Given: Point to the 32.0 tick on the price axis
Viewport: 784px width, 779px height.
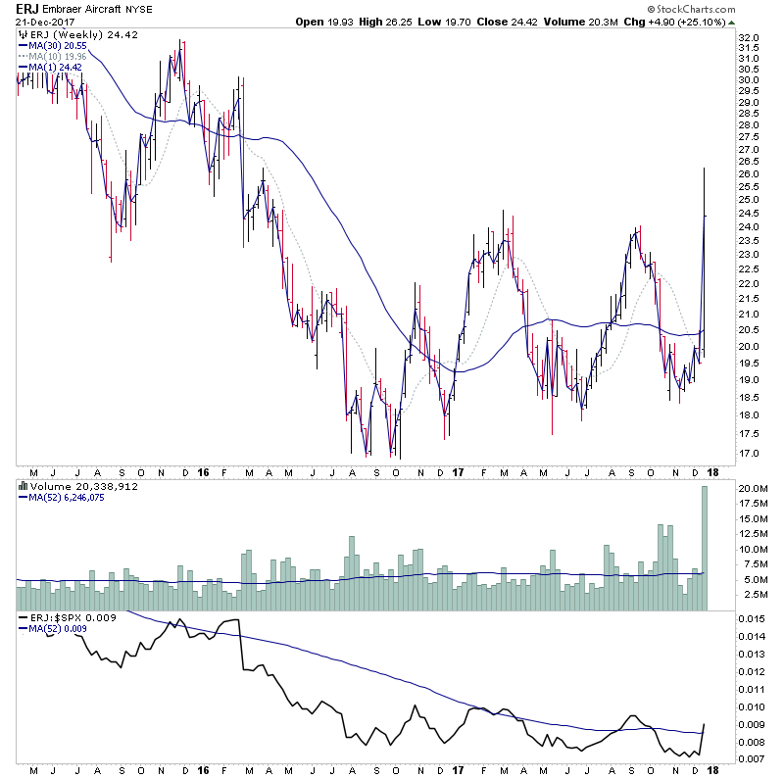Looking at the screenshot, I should (x=751, y=38).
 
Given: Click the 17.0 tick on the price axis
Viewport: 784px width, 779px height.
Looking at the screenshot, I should (x=751, y=454).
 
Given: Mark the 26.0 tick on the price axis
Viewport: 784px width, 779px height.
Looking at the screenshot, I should (x=751, y=174).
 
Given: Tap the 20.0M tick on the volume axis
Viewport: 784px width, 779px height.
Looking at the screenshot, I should (x=753, y=488).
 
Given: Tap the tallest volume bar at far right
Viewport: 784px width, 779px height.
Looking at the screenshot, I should (x=704, y=549).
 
